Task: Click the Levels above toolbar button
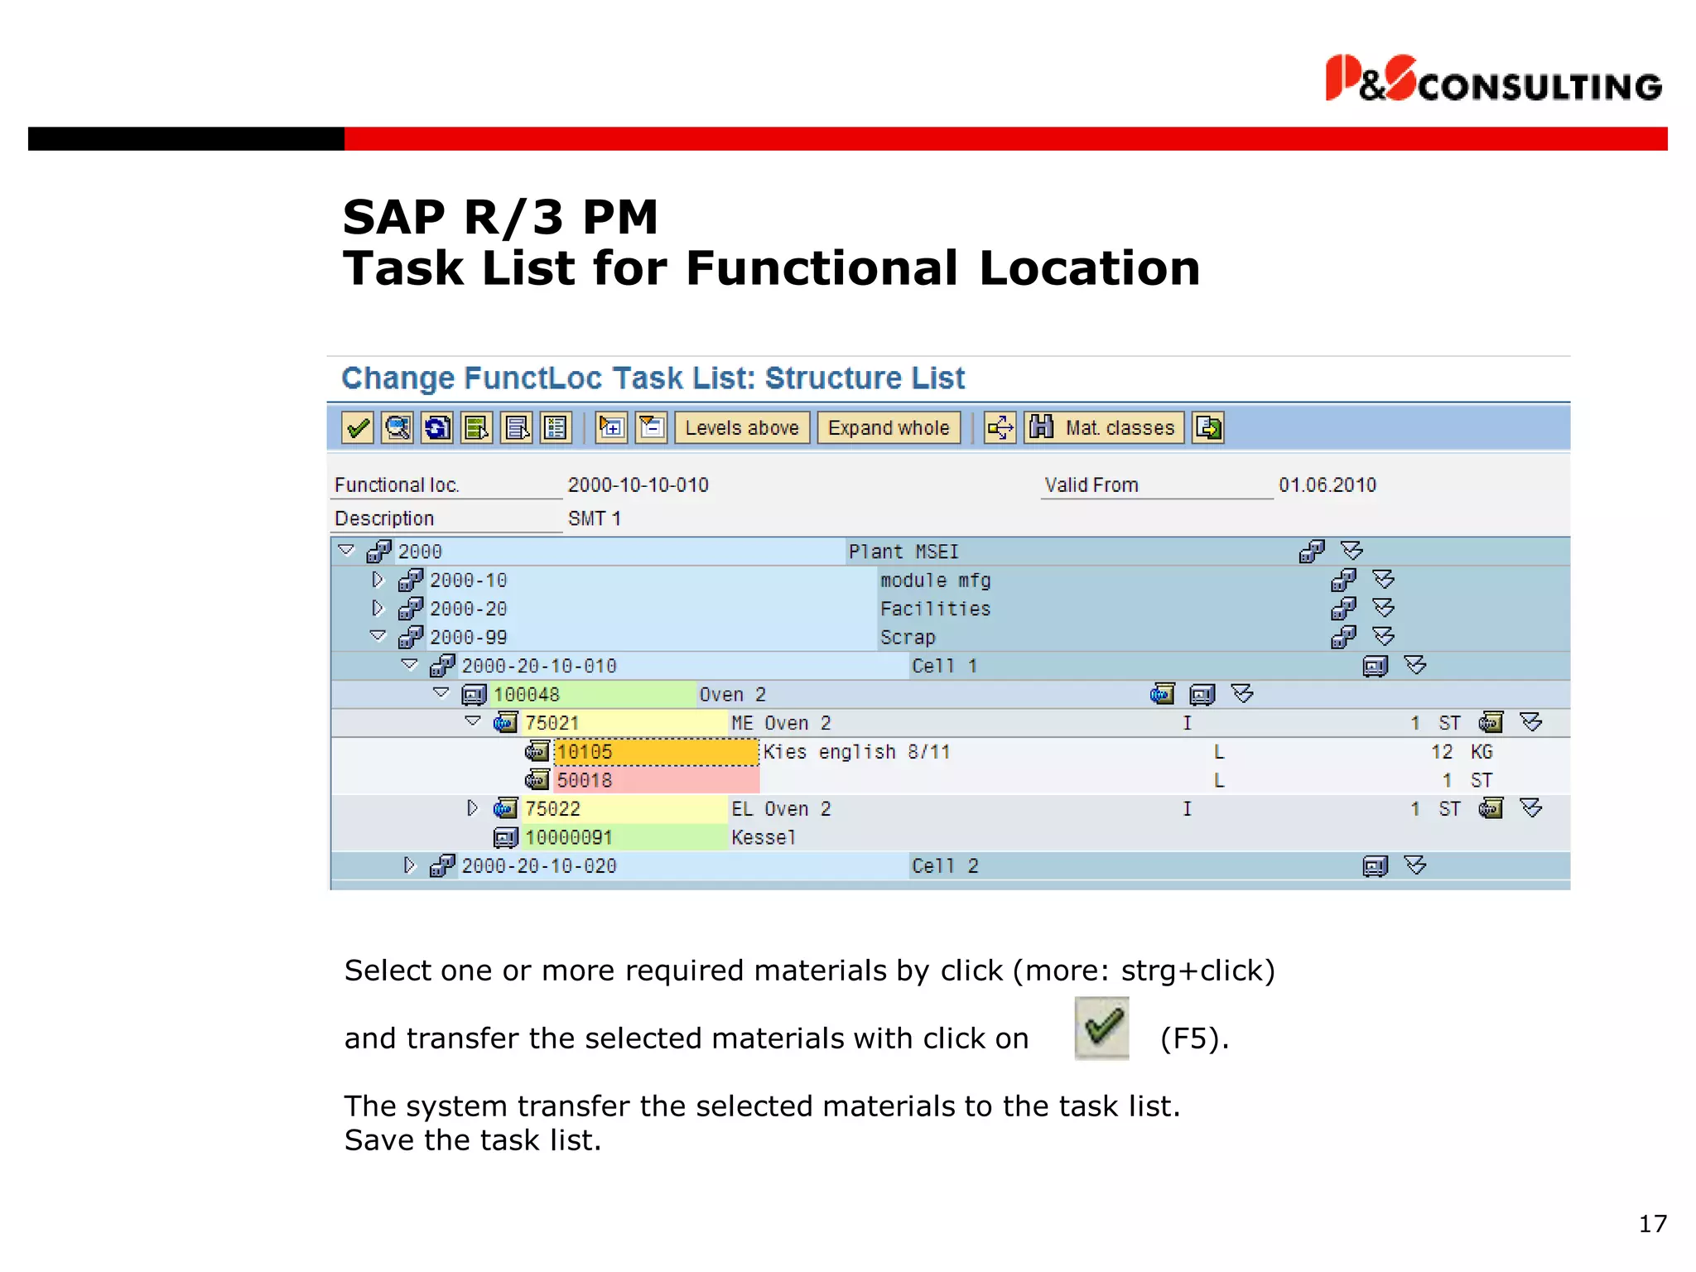coord(741,428)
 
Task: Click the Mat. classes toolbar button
coord(1104,428)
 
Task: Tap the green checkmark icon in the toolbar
coord(358,428)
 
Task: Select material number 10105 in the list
coord(585,752)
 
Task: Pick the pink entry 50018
coord(585,780)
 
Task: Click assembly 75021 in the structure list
coord(552,723)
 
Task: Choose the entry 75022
coord(552,809)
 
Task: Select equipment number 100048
coord(527,695)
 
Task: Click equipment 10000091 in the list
coord(568,837)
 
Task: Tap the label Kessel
coord(763,837)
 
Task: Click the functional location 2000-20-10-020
coord(539,866)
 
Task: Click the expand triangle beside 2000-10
coord(378,580)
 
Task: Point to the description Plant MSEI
coord(903,552)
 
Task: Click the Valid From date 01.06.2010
coord(1327,485)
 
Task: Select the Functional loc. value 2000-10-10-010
coord(638,485)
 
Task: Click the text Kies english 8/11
coord(856,752)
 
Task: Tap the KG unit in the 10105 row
coord(1482,752)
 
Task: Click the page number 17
coord(1652,1224)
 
